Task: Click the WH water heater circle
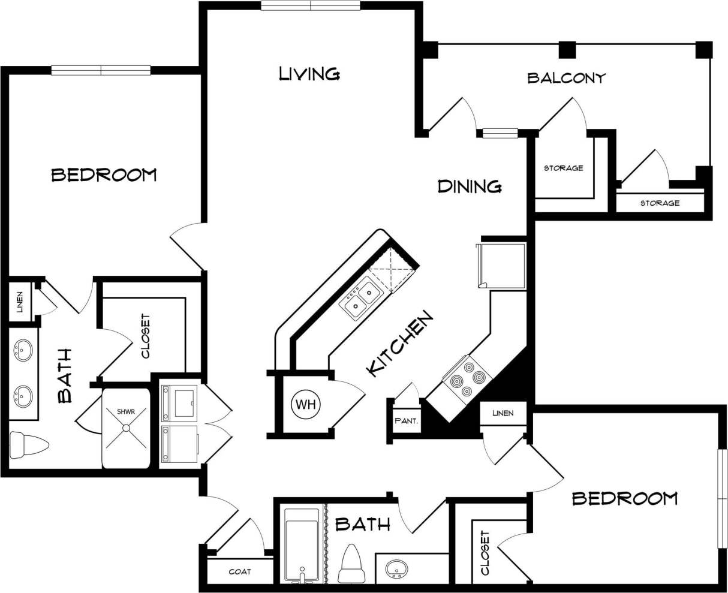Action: (306, 405)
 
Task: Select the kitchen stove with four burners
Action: (466, 378)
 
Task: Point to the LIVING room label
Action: (309, 74)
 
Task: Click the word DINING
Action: (470, 186)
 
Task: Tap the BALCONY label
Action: (566, 78)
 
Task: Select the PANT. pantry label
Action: (406, 421)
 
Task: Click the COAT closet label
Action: (240, 571)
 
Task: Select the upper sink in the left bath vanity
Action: (23, 350)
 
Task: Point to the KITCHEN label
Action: (399, 344)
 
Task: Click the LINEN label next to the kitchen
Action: (503, 413)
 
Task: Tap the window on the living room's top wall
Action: (310, 6)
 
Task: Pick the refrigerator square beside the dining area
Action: (502, 265)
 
